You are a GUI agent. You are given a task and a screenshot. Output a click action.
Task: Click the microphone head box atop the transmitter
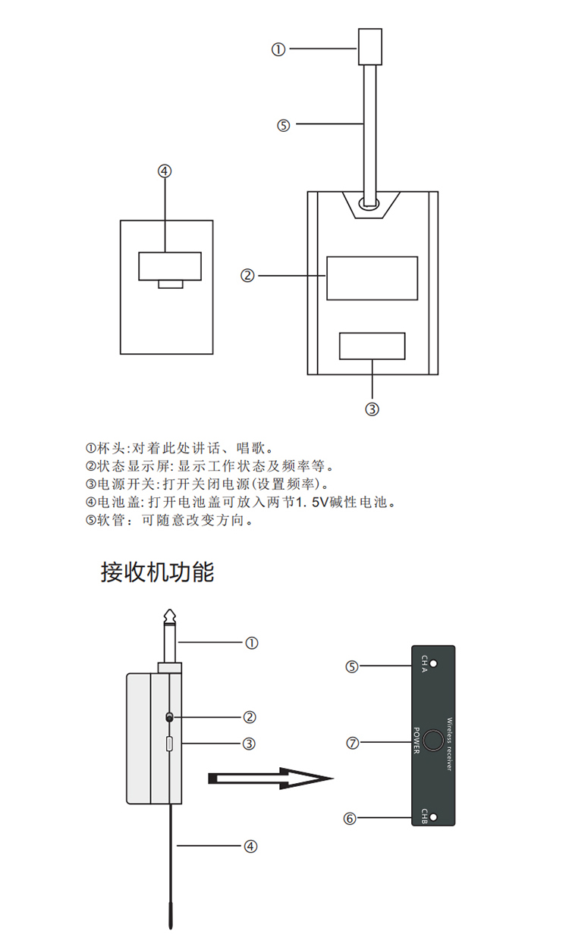coord(370,46)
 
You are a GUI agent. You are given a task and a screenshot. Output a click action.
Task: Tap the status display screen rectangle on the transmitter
coord(372,278)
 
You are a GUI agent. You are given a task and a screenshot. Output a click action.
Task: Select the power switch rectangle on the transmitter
coord(372,346)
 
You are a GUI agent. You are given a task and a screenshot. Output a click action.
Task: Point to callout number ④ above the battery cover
coord(165,171)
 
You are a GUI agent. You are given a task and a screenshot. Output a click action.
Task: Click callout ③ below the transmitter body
coord(372,409)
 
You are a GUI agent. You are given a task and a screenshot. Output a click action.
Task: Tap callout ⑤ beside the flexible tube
coord(284,126)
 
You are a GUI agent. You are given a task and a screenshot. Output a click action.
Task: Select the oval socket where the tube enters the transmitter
coord(369,204)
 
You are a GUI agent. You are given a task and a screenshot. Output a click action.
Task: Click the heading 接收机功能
coord(158,572)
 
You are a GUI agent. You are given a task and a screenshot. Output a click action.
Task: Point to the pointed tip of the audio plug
coord(170,610)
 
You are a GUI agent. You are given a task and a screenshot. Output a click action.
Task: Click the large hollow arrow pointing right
coord(271,779)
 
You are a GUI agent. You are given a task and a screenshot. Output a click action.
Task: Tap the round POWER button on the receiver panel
coord(433,740)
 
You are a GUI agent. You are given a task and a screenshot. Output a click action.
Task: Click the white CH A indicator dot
coord(434,663)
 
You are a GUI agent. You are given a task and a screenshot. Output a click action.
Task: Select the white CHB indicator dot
coord(434,817)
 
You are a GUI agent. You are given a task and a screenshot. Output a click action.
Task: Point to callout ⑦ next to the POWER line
coord(353,743)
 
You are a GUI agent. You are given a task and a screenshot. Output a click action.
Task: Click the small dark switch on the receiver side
coord(169,718)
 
